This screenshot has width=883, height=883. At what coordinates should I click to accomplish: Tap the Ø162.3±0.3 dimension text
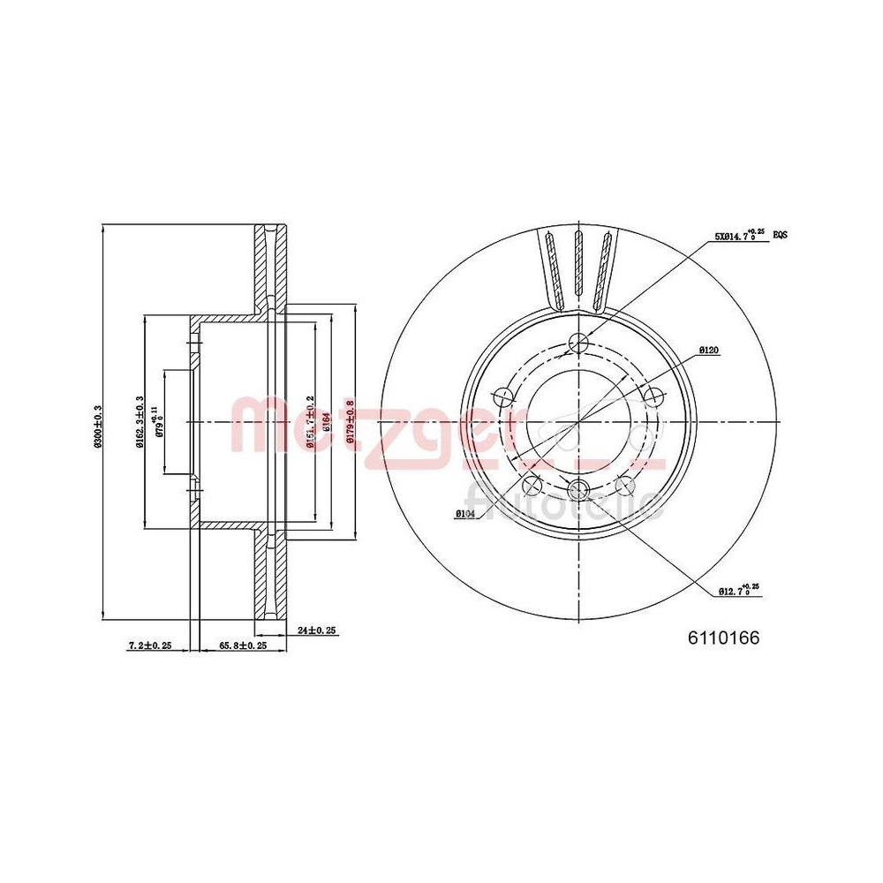click(140, 424)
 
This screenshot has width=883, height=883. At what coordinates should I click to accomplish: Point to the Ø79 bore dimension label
click(159, 421)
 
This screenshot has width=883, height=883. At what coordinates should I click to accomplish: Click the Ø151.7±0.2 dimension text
click(309, 424)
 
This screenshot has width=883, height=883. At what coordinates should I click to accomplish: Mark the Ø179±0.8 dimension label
click(351, 423)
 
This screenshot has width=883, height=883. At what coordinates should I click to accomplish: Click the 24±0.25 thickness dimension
click(317, 630)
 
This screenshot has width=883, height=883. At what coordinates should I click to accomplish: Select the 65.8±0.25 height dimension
click(243, 645)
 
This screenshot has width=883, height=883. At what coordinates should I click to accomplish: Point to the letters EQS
click(780, 236)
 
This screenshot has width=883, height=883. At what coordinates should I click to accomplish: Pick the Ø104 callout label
click(466, 513)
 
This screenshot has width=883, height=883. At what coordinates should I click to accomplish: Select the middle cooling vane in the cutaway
click(577, 265)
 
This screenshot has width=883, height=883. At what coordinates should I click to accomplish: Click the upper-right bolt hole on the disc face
click(653, 396)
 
